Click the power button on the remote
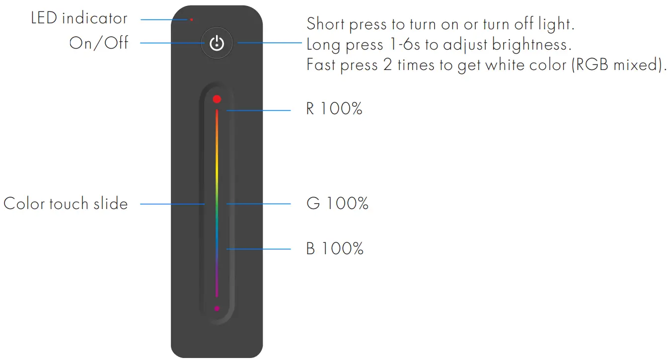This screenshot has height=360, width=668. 217,44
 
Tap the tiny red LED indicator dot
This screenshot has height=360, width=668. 191,20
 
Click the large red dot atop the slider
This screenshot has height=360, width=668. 217,99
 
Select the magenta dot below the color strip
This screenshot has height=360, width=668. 217,308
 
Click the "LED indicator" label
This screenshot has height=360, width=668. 79,19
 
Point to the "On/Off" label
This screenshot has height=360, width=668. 99,43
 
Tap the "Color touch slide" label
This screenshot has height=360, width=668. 66,204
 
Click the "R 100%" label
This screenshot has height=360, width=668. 334,109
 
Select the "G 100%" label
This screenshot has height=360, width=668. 337,204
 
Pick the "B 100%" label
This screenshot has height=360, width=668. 335,248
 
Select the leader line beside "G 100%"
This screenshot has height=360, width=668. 258,204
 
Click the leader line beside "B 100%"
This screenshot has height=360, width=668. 258,248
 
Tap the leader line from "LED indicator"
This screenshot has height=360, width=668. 164,20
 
